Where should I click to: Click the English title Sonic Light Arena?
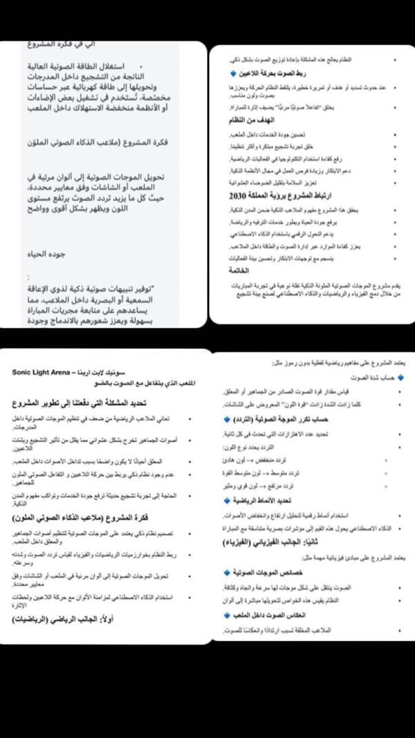point(41,372)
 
